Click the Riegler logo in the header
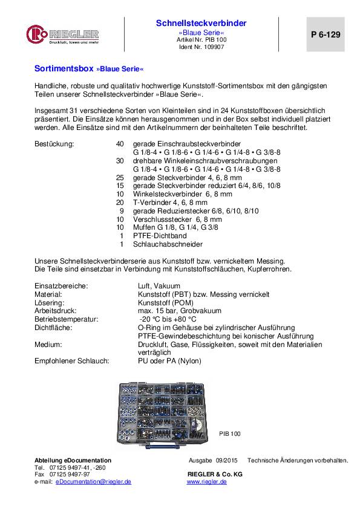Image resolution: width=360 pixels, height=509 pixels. pos(62,34)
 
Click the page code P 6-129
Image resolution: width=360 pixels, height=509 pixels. pos(320,35)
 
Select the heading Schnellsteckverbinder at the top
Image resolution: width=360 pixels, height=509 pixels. pos(201,23)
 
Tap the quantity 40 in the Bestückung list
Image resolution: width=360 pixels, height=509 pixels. pos(119,144)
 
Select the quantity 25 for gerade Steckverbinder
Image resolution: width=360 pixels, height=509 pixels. pos(119,178)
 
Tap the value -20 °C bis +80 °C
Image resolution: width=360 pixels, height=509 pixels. pos(167,319)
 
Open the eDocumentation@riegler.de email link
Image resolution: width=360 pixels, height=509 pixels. pos(93,482)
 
